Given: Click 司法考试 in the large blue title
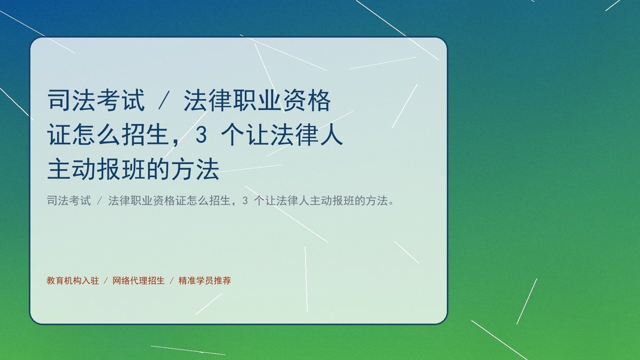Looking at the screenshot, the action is [96, 100].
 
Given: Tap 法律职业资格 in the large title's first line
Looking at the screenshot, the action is [257, 100].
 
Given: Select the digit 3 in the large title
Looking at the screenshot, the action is [201, 135].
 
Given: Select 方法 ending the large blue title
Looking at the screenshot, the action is [195, 169].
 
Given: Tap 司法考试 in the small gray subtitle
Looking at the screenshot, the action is [69, 201].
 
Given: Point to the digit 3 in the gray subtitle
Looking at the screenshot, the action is [245, 201].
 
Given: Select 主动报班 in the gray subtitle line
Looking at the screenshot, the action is [332, 201].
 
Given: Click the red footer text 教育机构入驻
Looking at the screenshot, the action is [73, 281].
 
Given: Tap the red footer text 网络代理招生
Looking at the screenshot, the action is [139, 281].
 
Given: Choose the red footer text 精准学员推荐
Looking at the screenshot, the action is [205, 281].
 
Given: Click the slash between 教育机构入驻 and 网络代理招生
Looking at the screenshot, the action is [106, 281].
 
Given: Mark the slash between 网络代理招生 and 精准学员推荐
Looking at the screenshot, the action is [172, 281].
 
